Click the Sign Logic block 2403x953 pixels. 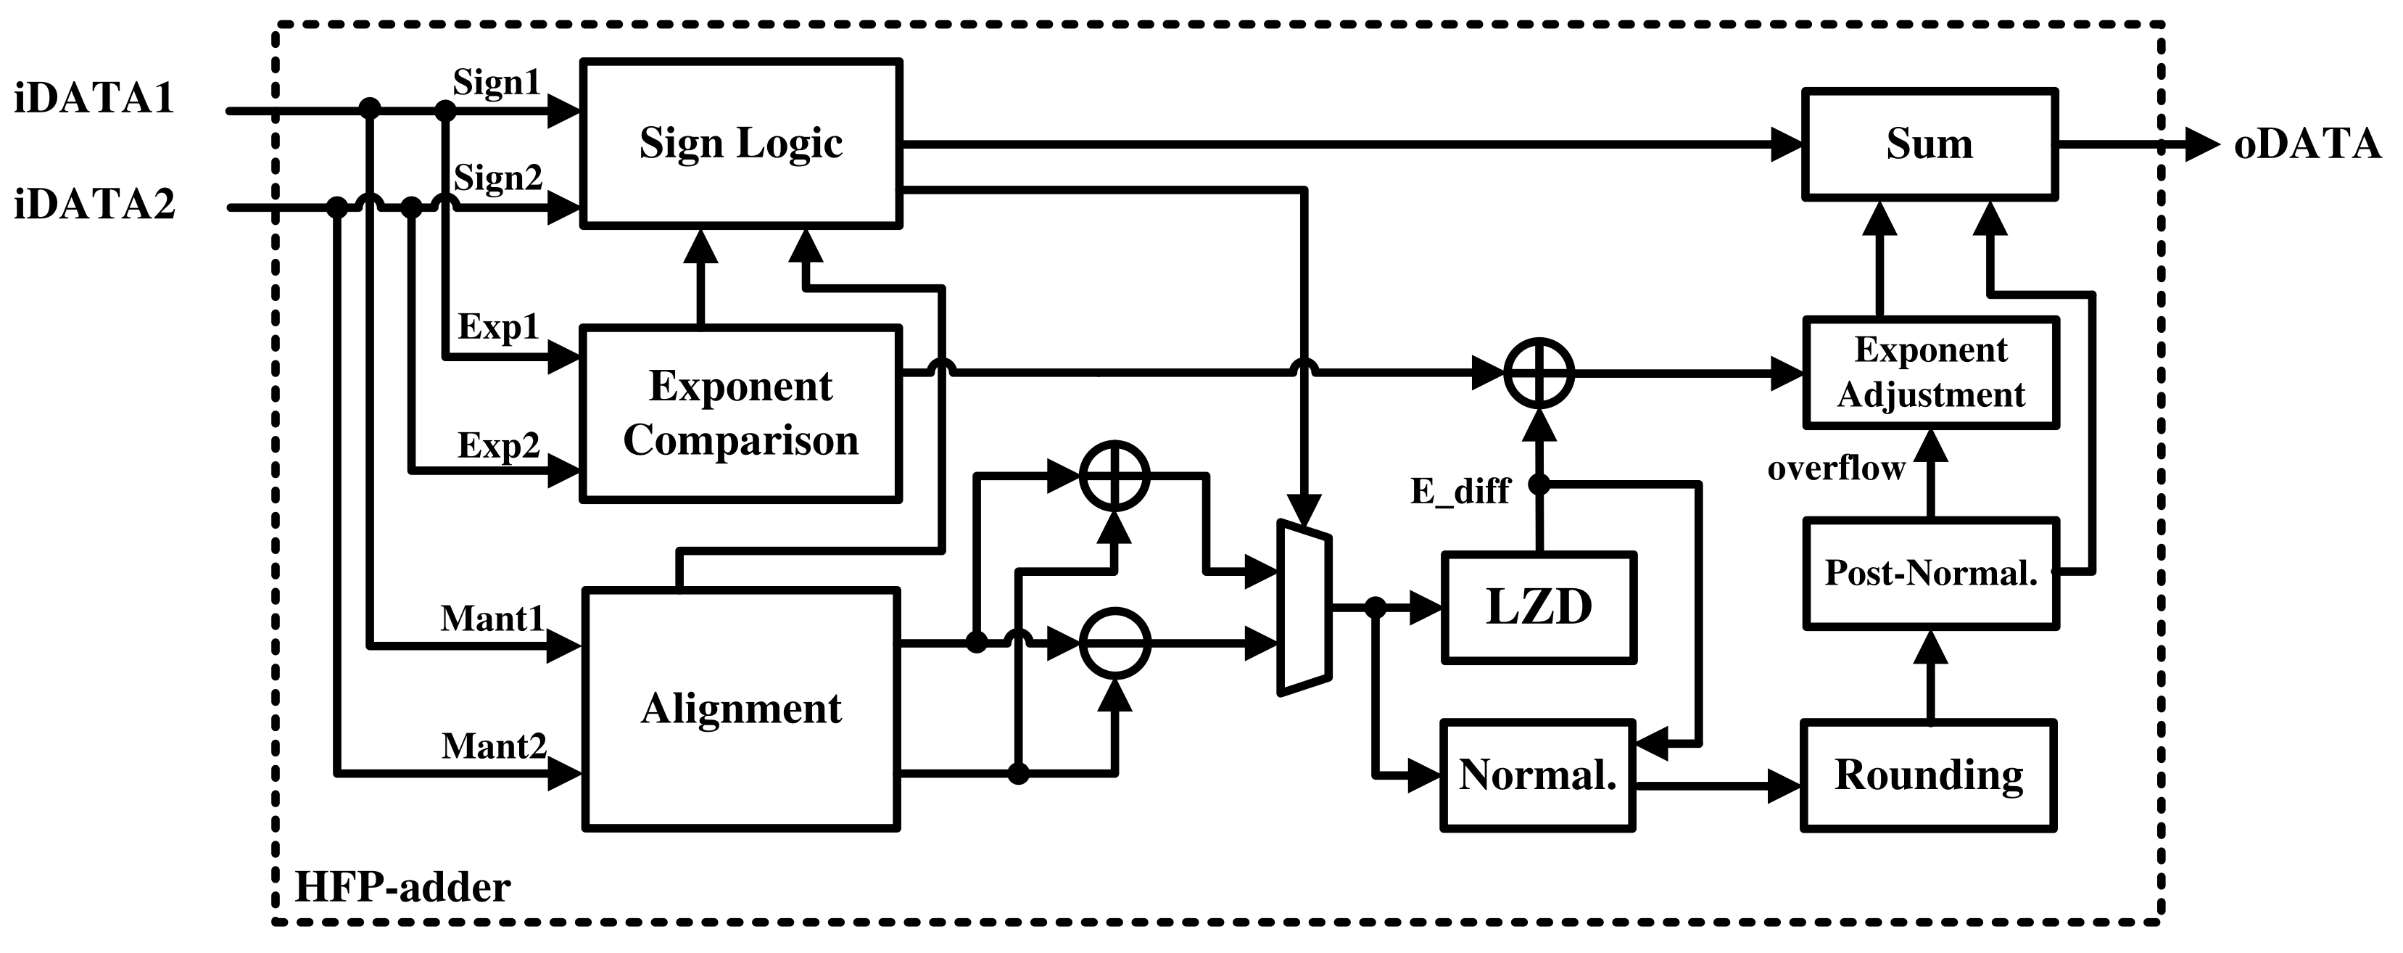point(740,143)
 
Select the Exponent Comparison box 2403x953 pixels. point(740,413)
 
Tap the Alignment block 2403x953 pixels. point(740,709)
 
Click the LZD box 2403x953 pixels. point(1538,608)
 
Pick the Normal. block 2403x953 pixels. point(1537,775)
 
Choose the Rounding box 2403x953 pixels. point(1928,775)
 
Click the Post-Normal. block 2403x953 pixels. point(1930,572)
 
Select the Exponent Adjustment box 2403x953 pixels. point(1930,373)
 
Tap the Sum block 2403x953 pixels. point(1929,144)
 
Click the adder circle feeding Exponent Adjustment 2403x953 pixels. point(1539,374)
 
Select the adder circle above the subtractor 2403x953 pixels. point(1114,476)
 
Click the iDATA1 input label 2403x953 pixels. point(94,99)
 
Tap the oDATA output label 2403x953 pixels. point(2307,144)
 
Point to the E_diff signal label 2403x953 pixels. point(1459,490)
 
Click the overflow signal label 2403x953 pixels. point(1836,468)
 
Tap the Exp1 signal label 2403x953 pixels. point(498,326)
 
